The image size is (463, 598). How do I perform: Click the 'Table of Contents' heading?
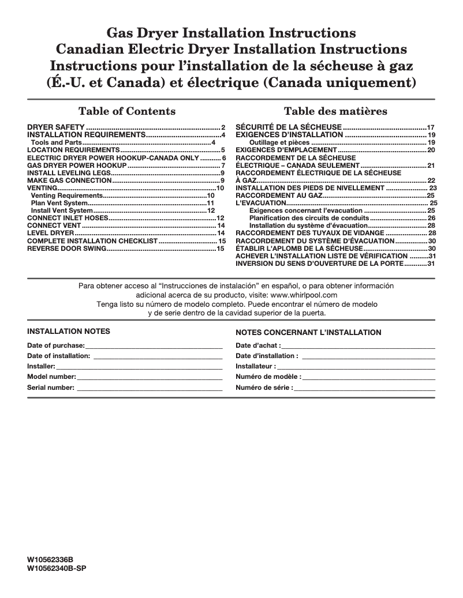[126, 111]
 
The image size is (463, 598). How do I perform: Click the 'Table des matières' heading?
[335, 111]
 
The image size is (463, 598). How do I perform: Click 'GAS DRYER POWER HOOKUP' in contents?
[77, 166]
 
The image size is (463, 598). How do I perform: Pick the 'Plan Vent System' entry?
[59, 204]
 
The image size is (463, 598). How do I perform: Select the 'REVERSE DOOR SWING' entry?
[66, 248]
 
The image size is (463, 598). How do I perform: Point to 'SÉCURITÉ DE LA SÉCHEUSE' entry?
[289, 127]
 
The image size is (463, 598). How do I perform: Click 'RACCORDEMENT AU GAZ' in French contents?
[278, 196]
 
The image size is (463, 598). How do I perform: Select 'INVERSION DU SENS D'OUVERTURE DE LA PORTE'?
[319, 264]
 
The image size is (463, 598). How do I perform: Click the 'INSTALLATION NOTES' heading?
[69, 332]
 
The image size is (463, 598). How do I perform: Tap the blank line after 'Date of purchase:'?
[154, 345]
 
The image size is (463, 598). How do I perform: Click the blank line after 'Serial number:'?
[150, 388]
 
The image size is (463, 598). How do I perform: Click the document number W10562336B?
[51, 560]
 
